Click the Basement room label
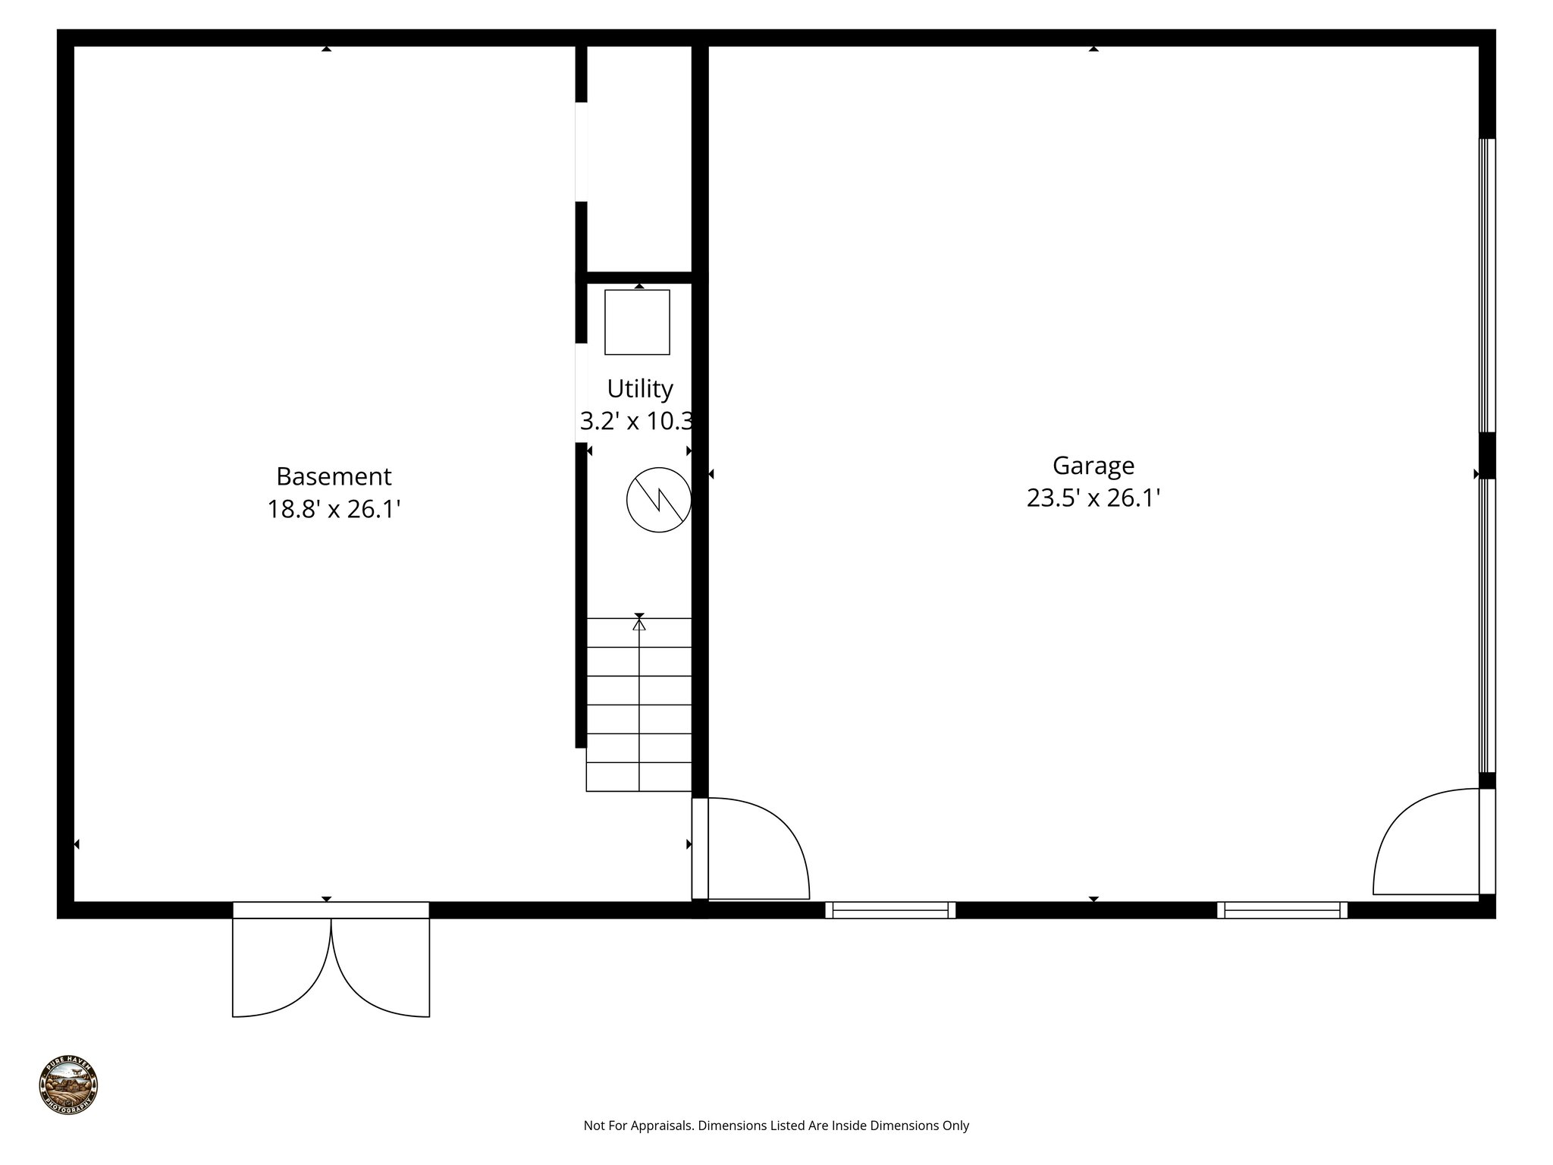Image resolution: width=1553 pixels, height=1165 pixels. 334,476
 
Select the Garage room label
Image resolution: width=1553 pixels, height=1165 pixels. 1093,465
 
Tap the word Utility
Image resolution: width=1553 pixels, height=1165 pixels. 639,388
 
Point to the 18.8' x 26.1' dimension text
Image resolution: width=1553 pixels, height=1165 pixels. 334,509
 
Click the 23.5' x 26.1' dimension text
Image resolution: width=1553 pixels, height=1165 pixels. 1093,498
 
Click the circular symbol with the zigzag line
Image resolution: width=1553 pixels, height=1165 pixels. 658,500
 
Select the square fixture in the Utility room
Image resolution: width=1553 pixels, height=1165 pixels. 637,322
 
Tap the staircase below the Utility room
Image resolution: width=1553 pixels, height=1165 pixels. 638,705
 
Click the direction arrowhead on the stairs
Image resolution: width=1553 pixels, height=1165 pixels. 639,624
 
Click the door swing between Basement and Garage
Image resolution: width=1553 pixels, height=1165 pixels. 755,848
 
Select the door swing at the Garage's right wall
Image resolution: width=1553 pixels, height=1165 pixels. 1426,842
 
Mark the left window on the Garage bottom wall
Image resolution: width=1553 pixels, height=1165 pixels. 890,910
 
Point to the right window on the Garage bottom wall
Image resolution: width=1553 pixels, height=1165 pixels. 1282,910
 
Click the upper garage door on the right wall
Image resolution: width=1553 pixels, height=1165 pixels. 1487,285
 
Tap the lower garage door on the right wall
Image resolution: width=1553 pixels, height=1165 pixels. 1487,625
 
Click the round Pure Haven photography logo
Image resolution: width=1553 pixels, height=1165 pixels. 68,1085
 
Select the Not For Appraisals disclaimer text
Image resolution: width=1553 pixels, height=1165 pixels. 776,1126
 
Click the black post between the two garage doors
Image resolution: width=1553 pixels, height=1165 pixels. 1487,455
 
